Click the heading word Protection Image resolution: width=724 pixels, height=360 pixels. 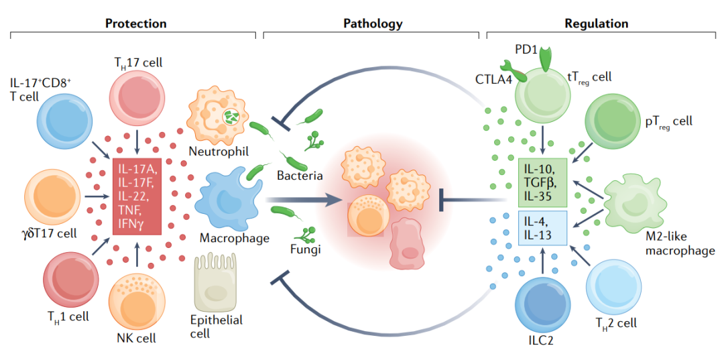point(135,23)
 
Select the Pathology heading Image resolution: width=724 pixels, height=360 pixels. point(373,23)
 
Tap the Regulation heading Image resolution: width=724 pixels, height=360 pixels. point(596,23)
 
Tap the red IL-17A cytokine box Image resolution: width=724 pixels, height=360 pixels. point(137,196)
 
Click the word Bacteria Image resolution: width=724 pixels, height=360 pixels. point(300,176)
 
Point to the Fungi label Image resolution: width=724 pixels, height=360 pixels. point(303,250)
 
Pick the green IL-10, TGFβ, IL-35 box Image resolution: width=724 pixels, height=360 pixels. point(542,182)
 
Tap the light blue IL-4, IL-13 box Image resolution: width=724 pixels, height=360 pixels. point(542,228)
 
